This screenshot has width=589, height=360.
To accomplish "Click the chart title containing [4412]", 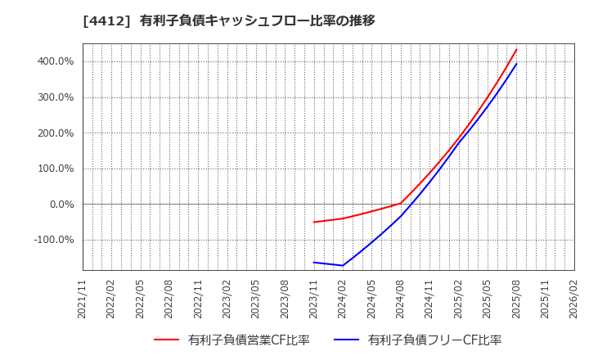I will click(x=228, y=20).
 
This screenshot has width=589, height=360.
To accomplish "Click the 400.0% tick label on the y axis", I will click(x=55, y=61).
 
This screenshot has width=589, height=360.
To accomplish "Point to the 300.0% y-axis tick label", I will click(x=55, y=97).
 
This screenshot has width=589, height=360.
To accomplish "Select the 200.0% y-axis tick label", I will click(x=55, y=133).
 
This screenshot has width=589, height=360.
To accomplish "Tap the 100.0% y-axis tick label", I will click(x=55, y=169).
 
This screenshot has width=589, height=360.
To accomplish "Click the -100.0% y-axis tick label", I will click(x=53, y=240).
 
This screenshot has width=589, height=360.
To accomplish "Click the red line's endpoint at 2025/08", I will click(x=516, y=49).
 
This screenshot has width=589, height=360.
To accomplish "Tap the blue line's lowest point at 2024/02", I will click(x=343, y=265).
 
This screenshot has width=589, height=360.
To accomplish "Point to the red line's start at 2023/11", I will click(x=314, y=222).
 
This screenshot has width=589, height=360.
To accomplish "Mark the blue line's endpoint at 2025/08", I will click(x=516, y=64).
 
